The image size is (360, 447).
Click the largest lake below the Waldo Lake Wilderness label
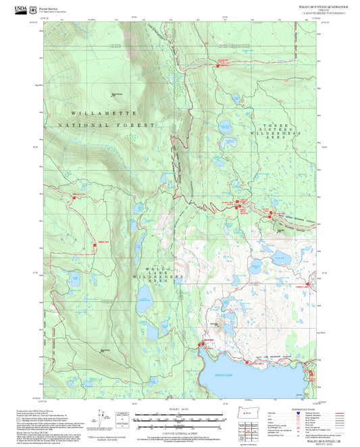[144, 297]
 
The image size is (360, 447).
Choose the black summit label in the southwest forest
[105, 350]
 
